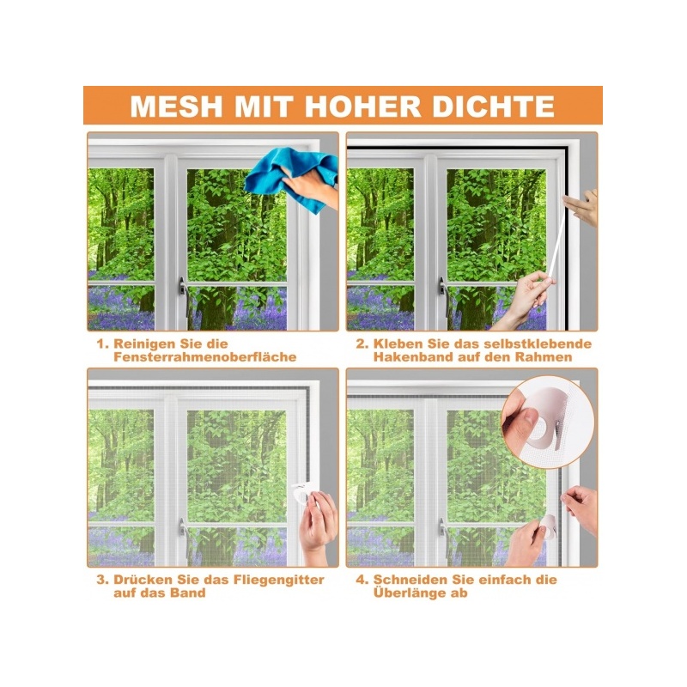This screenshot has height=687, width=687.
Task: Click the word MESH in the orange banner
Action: pyautogui.click(x=177, y=106)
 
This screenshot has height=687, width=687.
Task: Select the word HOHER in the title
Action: pyautogui.click(x=362, y=106)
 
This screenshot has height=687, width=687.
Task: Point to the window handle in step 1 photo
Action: pyautogui.click(x=183, y=291)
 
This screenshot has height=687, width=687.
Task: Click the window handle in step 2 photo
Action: pyautogui.click(x=443, y=291)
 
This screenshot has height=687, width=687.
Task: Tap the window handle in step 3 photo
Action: pyautogui.click(x=183, y=528)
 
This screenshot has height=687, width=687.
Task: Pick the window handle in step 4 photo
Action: pyautogui.click(x=442, y=528)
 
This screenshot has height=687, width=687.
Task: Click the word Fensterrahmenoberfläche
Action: pyautogui.click(x=204, y=357)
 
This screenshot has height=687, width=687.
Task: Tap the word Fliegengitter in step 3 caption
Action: pyautogui.click(x=278, y=580)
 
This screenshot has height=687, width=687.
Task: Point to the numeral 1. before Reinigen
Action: pyautogui.click(x=102, y=344)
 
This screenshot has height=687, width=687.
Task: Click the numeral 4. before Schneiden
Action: pyautogui.click(x=362, y=580)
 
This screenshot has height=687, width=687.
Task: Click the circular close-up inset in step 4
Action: pyautogui.click(x=548, y=423)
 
